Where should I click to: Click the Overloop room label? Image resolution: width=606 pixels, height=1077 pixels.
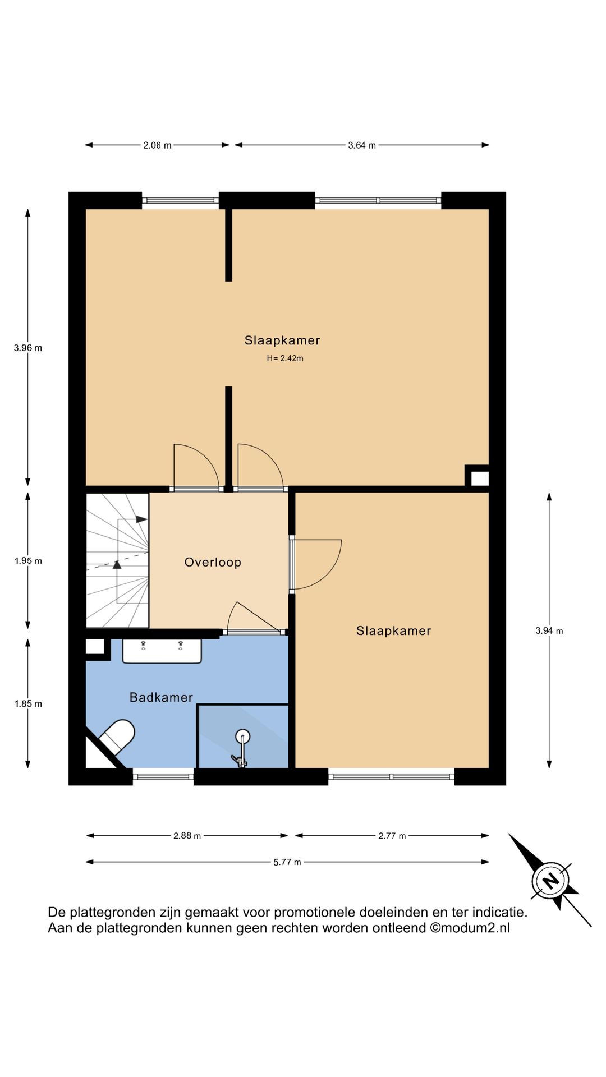(x=213, y=562)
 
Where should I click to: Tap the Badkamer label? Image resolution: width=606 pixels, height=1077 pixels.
(x=161, y=697)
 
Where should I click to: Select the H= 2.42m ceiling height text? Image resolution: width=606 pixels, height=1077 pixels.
(x=285, y=358)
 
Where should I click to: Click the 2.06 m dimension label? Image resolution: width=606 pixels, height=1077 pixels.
(x=157, y=145)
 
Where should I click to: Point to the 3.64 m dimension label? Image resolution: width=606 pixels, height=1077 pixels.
(x=362, y=145)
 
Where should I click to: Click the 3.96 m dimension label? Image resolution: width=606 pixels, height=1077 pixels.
(x=28, y=348)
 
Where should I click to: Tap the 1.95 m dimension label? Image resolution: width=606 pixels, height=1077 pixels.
(x=28, y=561)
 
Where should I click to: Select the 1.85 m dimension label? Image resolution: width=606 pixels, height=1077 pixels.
(x=28, y=704)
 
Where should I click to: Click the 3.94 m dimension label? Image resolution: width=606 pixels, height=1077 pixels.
(x=549, y=631)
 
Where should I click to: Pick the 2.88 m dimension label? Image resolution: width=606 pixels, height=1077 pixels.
(x=187, y=836)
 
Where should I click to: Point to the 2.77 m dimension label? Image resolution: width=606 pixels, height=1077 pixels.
(x=392, y=836)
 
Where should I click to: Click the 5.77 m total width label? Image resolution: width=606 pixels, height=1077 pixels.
(x=287, y=862)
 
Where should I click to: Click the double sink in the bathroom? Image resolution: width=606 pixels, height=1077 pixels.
(x=162, y=651)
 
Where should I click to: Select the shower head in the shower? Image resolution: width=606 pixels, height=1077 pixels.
(x=242, y=737)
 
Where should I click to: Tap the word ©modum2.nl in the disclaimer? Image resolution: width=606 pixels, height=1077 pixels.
(x=470, y=928)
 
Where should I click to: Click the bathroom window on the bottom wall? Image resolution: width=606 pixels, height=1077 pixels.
(x=163, y=777)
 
